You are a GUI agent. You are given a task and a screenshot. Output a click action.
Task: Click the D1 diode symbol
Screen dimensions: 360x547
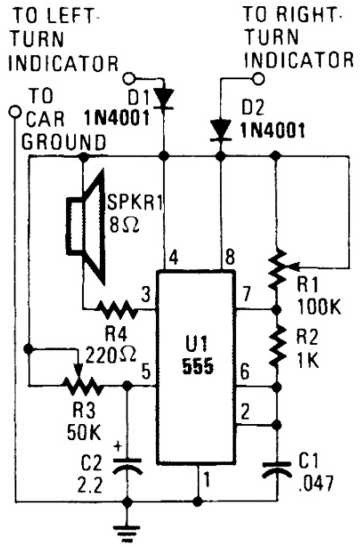164,100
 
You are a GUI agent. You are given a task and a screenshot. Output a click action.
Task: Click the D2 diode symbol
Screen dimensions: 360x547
220,131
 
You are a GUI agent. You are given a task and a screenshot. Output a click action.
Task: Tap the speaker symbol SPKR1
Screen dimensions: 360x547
86,227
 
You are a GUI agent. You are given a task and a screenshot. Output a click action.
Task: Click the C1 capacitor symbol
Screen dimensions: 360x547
277,470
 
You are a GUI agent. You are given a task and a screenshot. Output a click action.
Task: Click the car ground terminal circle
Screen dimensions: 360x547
15,111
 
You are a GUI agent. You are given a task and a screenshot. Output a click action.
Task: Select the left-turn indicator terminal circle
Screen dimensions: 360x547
130,78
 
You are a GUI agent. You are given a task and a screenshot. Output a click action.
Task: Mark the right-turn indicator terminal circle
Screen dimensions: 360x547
258,78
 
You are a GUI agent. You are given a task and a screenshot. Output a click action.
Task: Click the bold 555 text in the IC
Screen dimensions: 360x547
198,367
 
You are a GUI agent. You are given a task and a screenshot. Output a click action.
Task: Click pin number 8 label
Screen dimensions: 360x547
230,257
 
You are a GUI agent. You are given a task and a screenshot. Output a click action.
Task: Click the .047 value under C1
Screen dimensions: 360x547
316,484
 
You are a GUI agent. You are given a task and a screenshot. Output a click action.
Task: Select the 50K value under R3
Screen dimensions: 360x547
84,433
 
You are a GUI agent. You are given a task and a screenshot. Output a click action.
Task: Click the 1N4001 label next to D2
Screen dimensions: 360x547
272,131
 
